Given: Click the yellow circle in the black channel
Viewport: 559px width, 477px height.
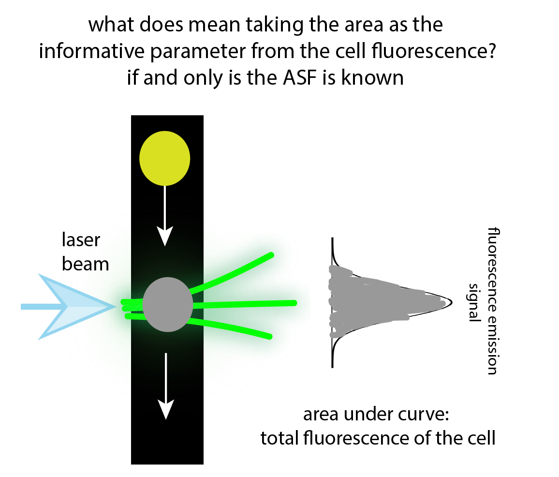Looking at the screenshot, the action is point(165,158).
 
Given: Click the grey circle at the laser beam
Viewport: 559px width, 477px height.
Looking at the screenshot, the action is point(168,304).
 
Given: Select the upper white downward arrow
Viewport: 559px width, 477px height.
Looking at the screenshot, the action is point(165,216).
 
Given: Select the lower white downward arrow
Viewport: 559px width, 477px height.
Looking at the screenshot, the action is point(166,387).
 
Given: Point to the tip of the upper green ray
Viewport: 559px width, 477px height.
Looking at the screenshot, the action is point(271,255).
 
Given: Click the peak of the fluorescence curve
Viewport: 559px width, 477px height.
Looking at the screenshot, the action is point(451,302).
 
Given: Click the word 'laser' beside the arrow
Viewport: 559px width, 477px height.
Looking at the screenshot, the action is point(81,240).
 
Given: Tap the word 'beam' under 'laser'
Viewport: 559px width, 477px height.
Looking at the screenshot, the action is point(85,264).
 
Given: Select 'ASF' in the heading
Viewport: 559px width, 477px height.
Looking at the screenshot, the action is point(300,77).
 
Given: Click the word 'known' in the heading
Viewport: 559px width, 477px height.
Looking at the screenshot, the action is point(372,77).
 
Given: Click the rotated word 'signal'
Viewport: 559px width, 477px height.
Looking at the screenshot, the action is point(474,302).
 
